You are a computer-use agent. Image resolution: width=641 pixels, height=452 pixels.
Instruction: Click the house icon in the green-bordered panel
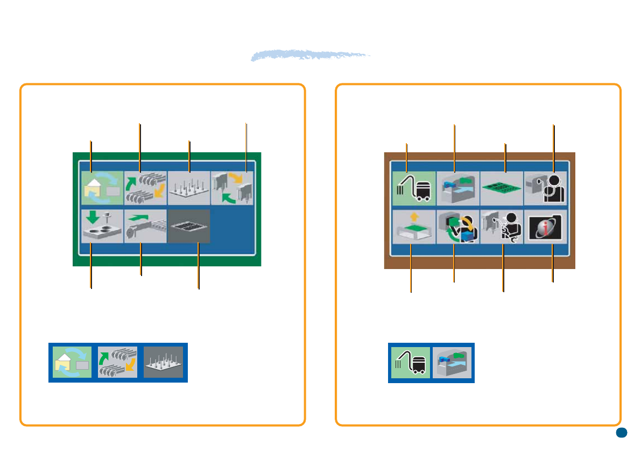click(102, 188)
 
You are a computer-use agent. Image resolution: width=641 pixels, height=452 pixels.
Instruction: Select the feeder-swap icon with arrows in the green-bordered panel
click(145, 188)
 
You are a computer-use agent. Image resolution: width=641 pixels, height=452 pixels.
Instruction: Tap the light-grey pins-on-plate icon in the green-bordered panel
click(189, 188)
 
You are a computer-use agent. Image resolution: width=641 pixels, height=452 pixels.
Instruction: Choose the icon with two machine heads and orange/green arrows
click(232, 188)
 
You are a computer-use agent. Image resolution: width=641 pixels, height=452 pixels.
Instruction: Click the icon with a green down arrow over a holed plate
click(102, 227)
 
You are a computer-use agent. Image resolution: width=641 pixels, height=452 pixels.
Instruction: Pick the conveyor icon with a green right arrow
click(145, 227)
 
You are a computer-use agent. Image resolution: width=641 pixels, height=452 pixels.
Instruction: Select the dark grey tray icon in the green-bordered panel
click(189, 227)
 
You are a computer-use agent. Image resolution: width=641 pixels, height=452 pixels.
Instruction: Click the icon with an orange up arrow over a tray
click(413, 227)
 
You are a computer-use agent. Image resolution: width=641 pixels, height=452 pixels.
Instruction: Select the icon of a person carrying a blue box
click(457, 227)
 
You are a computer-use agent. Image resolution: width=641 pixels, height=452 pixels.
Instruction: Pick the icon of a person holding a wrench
click(502, 227)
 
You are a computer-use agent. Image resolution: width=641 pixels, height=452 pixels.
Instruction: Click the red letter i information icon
click(546, 227)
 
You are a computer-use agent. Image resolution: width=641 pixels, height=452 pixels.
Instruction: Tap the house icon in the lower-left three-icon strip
click(72, 362)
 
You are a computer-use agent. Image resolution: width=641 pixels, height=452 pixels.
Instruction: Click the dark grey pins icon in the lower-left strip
click(164, 362)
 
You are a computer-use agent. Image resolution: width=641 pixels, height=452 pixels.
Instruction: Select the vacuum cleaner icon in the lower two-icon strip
click(410, 363)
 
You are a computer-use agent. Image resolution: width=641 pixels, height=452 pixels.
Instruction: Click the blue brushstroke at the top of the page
click(311, 55)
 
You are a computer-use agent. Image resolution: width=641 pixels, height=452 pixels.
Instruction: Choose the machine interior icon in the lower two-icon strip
click(453, 363)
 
